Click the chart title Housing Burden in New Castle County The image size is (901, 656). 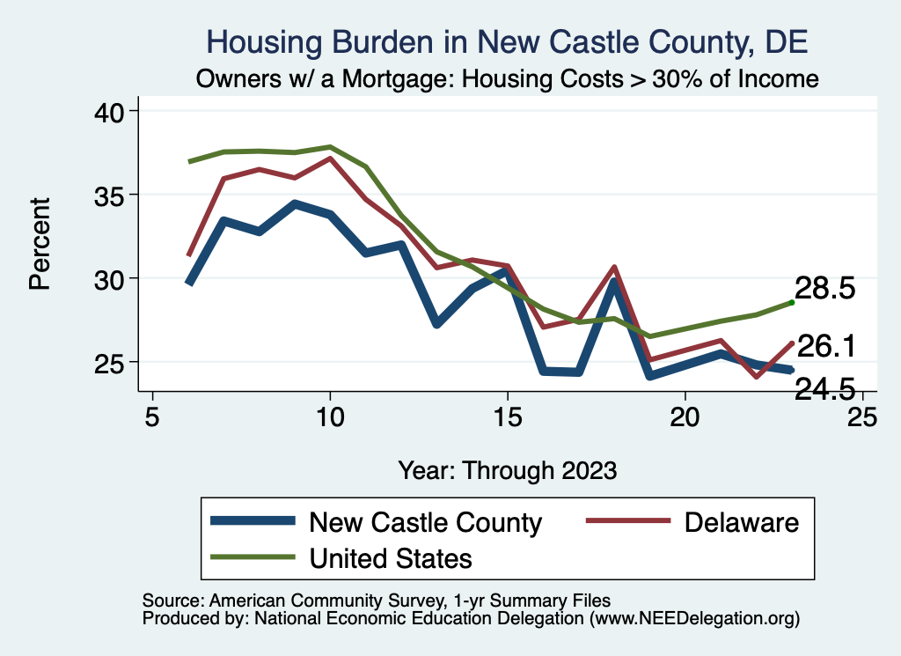point(506,41)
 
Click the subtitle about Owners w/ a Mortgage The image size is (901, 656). point(507,78)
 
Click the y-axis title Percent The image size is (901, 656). point(39,244)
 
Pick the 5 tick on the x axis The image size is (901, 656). point(152,416)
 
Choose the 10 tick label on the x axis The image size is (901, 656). point(330,416)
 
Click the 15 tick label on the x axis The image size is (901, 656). point(508,416)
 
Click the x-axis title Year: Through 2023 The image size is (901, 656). point(507,469)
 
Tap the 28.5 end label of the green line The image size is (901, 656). point(825,289)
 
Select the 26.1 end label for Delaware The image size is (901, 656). point(825,346)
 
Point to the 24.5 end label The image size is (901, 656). point(825,388)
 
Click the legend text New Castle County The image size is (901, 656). point(425,522)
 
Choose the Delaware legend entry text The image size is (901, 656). point(742,522)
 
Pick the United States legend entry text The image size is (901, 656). point(391,557)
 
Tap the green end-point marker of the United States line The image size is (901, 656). point(792,302)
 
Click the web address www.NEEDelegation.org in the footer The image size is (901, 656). point(694,619)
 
